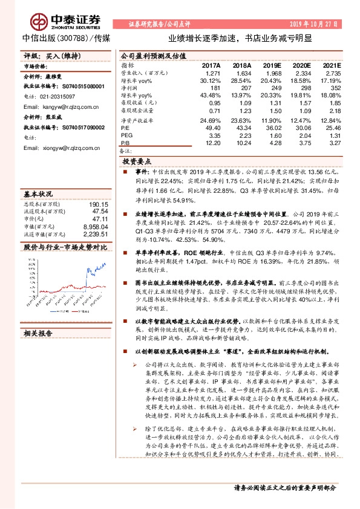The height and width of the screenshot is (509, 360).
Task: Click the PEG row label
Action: [126, 136]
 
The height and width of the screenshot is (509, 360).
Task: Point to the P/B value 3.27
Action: [333, 143]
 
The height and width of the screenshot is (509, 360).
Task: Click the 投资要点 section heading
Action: [137, 163]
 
